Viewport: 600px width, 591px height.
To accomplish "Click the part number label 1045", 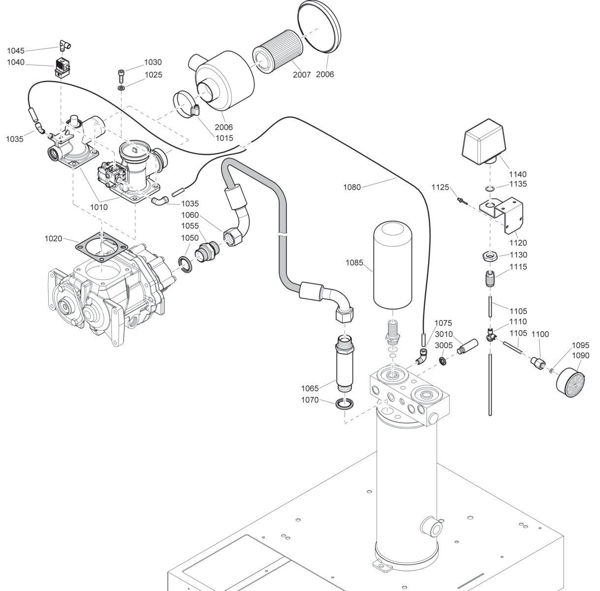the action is tap(16, 51).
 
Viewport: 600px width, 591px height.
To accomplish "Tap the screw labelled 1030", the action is tap(121, 76).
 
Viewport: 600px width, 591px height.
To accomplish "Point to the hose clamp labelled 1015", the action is tap(186, 104).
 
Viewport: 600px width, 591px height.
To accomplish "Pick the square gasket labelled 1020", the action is tap(102, 247).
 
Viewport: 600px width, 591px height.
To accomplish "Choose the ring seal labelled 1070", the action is tap(345, 404).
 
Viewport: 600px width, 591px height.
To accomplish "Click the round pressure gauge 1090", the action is tap(570, 383).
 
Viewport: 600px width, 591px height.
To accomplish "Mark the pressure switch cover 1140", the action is tap(483, 142).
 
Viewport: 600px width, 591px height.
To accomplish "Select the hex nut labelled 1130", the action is tap(490, 257).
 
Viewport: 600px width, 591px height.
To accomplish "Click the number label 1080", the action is tap(352, 187).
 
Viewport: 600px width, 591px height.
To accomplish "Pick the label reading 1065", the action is tap(310, 389).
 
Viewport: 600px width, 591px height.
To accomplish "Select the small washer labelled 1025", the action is tap(121, 88).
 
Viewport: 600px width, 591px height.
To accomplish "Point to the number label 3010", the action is tap(443, 334).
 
